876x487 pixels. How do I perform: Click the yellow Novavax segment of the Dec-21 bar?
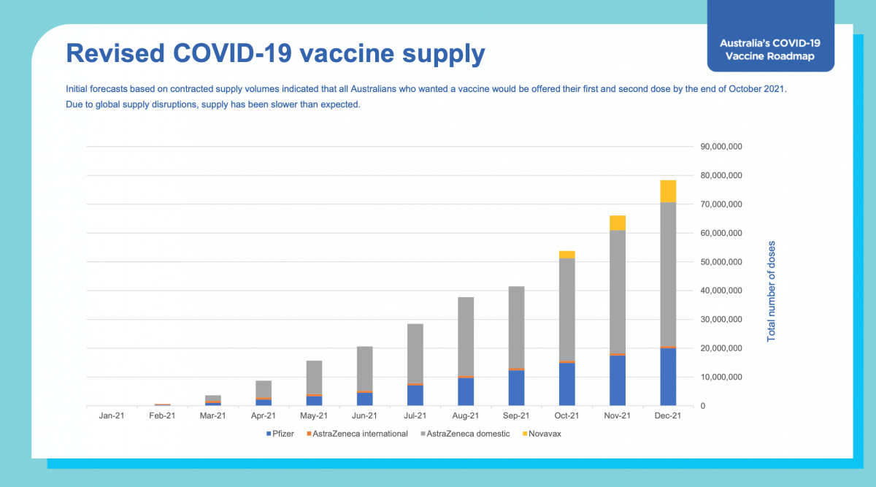668,191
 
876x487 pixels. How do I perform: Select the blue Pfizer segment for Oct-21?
566,384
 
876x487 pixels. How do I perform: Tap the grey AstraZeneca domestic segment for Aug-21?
466,337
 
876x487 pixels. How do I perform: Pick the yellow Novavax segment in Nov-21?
618,223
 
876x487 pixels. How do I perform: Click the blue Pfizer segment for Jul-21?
415,395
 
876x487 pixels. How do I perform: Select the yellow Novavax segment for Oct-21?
566,255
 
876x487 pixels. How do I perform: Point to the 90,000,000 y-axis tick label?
721,147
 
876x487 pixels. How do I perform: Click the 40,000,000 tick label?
721,291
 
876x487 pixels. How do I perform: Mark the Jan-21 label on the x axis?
112,416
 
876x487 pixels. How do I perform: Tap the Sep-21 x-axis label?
516,416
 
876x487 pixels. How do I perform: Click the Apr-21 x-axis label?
264,416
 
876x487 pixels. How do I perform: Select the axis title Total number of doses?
772,291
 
